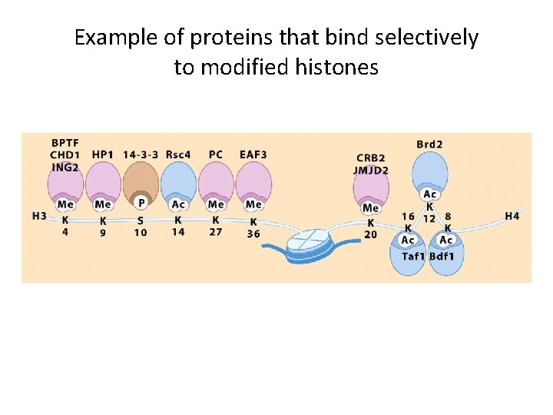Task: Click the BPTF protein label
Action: (x=65, y=143)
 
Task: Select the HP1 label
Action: (x=102, y=154)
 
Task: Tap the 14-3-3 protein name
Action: (x=141, y=154)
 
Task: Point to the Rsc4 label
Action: (x=178, y=154)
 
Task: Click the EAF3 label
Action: (x=253, y=154)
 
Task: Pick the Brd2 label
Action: (x=429, y=144)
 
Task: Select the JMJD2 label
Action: (x=372, y=170)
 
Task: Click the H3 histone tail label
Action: (x=39, y=216)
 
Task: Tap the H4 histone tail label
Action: (x=512, y=216)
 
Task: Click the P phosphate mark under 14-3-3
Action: (x=141, y=204)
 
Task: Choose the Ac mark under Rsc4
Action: (x=178, y=204)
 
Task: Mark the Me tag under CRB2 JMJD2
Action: (x=371, y=207)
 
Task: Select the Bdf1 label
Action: (x=442, y=256)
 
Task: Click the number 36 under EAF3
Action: (x=253, y=234)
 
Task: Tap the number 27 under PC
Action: (x=216, y=231)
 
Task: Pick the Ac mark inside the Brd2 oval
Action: (x=429, y=195)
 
